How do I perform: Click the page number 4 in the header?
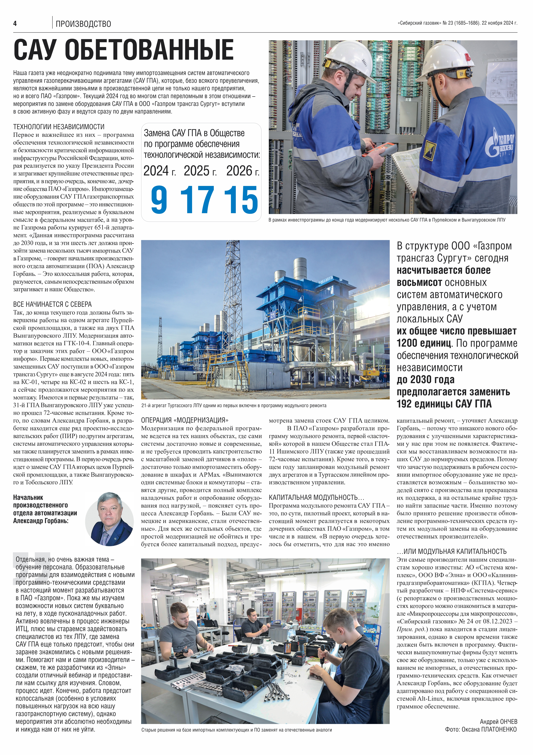point(15,23)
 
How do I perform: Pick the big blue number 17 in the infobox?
point(197,200)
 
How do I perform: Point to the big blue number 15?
point(241,200)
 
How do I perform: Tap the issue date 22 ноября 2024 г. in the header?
point(499,23)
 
